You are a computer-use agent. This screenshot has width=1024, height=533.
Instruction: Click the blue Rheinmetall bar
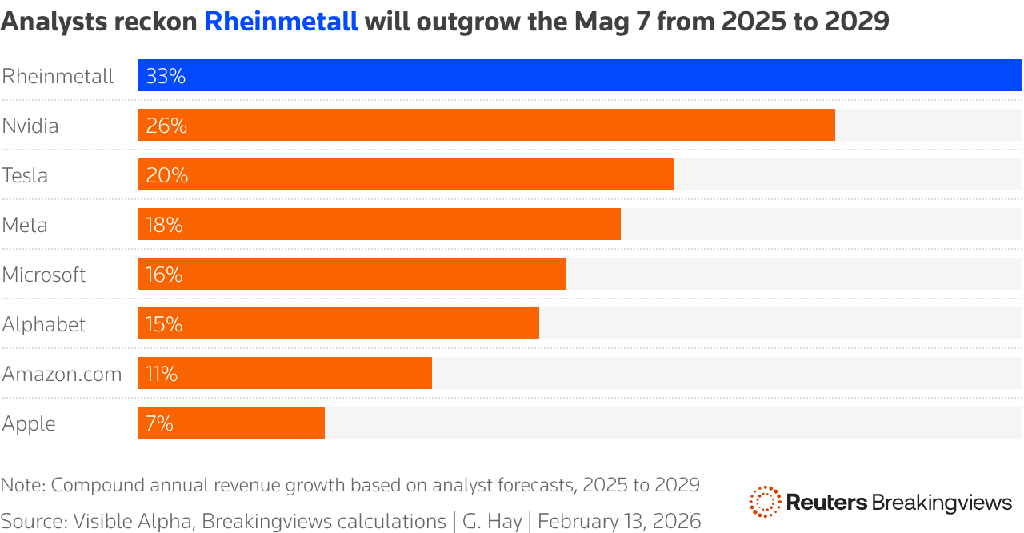[580, 76]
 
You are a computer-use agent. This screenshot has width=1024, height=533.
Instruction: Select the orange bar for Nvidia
[486, 126]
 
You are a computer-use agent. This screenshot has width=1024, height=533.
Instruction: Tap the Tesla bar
[406, 175]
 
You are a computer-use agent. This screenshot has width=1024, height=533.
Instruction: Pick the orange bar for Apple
[231, 423]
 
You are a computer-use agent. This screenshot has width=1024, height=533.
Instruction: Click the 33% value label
[166, 77]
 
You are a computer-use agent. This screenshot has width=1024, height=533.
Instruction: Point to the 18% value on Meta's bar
[164, 226]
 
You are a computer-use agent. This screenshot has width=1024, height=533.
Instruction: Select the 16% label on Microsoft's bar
[164, 275]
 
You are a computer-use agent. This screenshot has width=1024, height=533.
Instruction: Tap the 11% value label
[162, 375]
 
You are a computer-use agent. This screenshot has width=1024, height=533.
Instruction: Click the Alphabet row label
[44, 325]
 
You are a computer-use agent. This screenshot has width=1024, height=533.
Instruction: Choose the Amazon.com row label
[62, 375]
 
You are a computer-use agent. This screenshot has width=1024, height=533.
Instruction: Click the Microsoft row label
[44, 275]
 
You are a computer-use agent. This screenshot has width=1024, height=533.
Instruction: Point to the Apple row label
[29, 424]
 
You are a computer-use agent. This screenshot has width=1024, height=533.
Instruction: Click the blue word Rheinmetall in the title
[281, 22]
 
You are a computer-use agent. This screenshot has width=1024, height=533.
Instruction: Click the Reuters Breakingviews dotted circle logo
[765, 502]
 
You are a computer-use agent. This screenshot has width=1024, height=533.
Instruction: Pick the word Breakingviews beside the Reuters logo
[942, 503]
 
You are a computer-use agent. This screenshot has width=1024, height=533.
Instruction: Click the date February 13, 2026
[619, 522]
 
